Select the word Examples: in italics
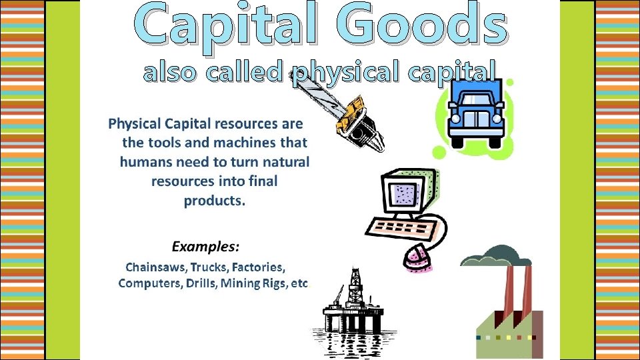point(205,247)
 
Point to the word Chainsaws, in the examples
point(156,267)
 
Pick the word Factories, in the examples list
point(261,267)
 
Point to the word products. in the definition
point(214,201)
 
